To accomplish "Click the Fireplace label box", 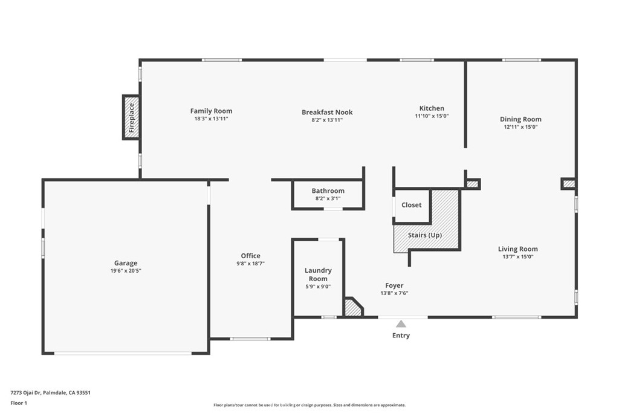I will click(131, 117).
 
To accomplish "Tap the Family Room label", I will click(211, 111).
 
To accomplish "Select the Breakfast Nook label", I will click(327, 112).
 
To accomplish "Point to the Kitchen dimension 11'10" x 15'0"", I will click(432, 116).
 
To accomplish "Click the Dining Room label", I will click(520, 120).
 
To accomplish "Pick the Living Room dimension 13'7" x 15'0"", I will click(517, 257).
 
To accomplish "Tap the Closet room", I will click(412, 206).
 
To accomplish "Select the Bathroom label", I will click(328, 191).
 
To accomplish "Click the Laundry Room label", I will click(318, 275).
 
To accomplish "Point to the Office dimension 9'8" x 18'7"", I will click(250, 264).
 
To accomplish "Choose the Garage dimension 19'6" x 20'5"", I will click(126, 271).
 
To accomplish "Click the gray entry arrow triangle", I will click(401, 324).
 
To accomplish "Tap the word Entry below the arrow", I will click(401, 336).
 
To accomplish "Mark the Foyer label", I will click(394, 285).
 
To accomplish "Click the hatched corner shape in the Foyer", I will click(352, 308).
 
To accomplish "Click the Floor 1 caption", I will click(19, 402).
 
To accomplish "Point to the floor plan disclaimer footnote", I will click(309, 405).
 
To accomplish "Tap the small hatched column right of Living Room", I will click(568, 183).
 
